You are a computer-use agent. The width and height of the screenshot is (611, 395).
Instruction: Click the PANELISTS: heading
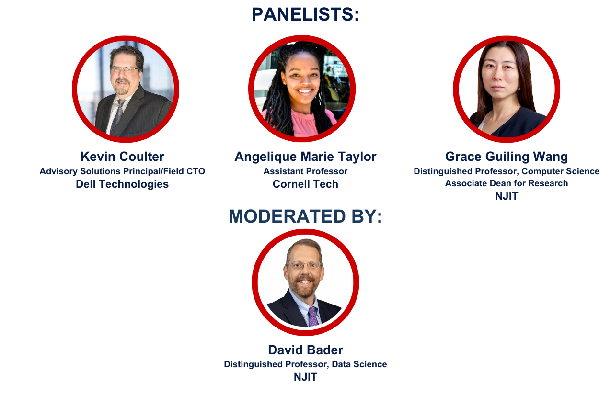tap(305, 14)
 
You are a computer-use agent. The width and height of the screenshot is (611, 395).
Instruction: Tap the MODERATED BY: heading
tap(305, 216)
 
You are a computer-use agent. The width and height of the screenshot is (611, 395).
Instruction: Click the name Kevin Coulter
tap(123, 157)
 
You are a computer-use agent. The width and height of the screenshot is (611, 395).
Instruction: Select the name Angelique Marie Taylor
tap(306, 157)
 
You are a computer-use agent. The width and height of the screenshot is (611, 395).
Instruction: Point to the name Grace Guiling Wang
tap(507, 157)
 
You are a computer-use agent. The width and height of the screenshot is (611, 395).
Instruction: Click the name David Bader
tap(306, 350)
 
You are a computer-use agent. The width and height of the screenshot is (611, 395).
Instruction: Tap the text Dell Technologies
tap(122, 184)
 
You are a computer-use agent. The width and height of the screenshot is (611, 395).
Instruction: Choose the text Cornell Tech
tap(306, 184)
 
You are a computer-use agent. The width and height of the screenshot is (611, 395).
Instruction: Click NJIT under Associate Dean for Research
tap(507, 196)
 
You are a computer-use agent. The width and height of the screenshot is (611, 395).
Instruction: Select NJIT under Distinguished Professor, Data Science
tap(306, 377)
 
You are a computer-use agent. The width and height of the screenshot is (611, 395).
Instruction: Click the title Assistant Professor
tap(306, 171)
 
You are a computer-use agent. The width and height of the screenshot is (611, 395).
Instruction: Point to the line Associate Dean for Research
tap(507, 183)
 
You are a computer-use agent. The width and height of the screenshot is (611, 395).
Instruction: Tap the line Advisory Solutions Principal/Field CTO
tap(122, 171)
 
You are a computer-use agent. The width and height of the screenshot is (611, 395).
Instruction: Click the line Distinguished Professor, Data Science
tap(306, 364)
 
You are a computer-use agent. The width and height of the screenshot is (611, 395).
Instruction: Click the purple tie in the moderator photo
tap(313, 317)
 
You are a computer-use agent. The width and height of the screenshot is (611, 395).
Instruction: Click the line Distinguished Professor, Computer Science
tap(507, 171)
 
